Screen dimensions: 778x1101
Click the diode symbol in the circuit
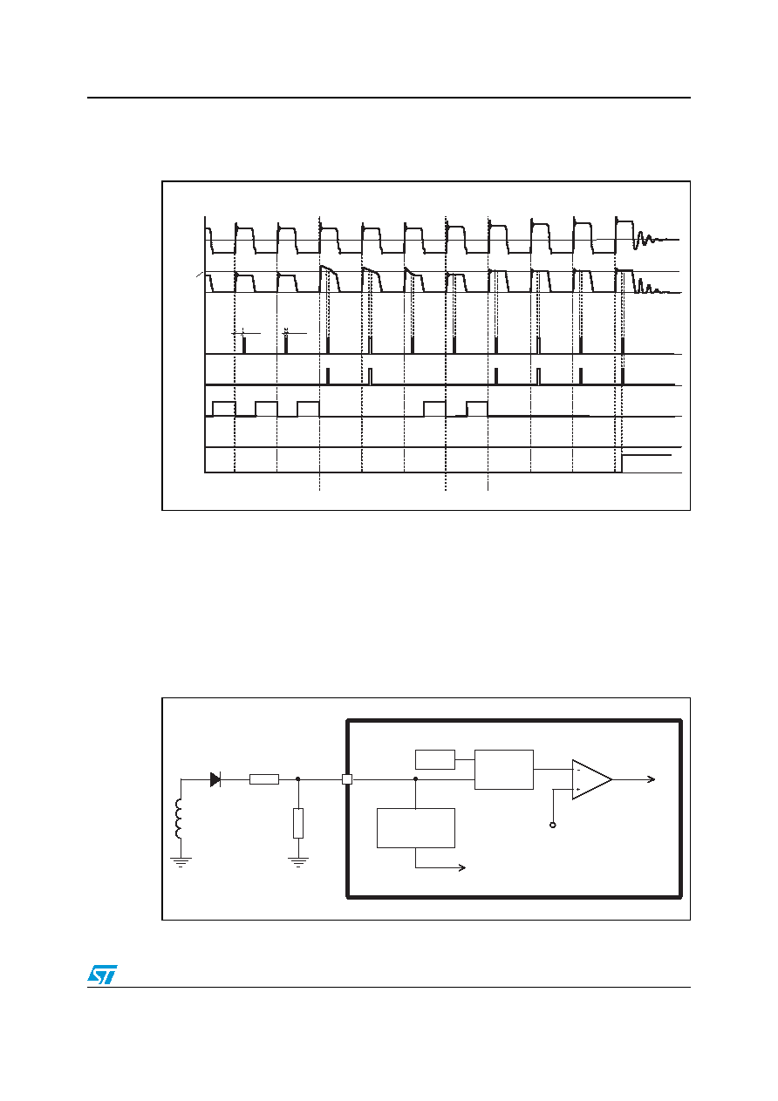tap(215, 779)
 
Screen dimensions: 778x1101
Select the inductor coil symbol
tap(178, 818)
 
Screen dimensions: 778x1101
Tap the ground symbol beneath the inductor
tap(181, 862)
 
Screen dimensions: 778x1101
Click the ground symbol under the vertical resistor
tap(298, 862)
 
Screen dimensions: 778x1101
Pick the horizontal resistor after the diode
tap(264, 779)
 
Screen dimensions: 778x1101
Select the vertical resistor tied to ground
tap(298, 823)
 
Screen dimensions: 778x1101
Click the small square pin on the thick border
tap(347, 779)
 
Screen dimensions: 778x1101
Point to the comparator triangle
tap(591, 779)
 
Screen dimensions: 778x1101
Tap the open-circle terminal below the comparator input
tap(553, 825)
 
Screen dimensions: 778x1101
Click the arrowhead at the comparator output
tap(652, 779)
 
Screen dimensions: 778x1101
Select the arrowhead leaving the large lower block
tap(462, 867)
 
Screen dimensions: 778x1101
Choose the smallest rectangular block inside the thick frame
tap(434, 759)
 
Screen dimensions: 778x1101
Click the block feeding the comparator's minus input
tap(503, 769)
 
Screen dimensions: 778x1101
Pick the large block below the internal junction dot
tap(415, 828)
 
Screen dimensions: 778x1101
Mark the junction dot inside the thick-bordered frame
tap(415, 779)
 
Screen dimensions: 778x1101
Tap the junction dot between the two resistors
tap(298, 779)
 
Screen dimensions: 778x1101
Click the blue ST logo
tap(102, 975)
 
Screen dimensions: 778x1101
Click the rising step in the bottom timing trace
tap(622, 464)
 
